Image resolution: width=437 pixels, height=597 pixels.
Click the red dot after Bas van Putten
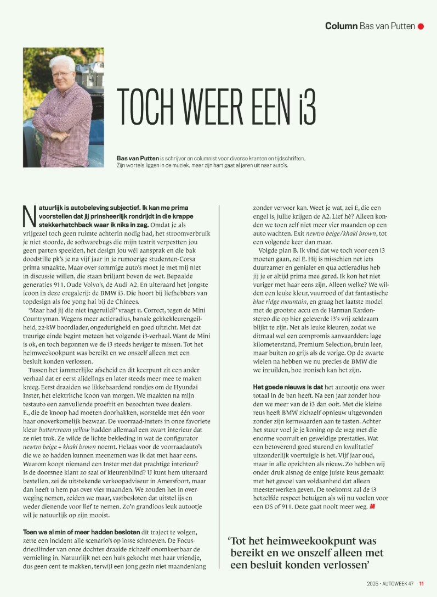point(421,26)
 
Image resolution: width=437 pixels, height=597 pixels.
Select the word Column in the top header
point(341,26)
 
